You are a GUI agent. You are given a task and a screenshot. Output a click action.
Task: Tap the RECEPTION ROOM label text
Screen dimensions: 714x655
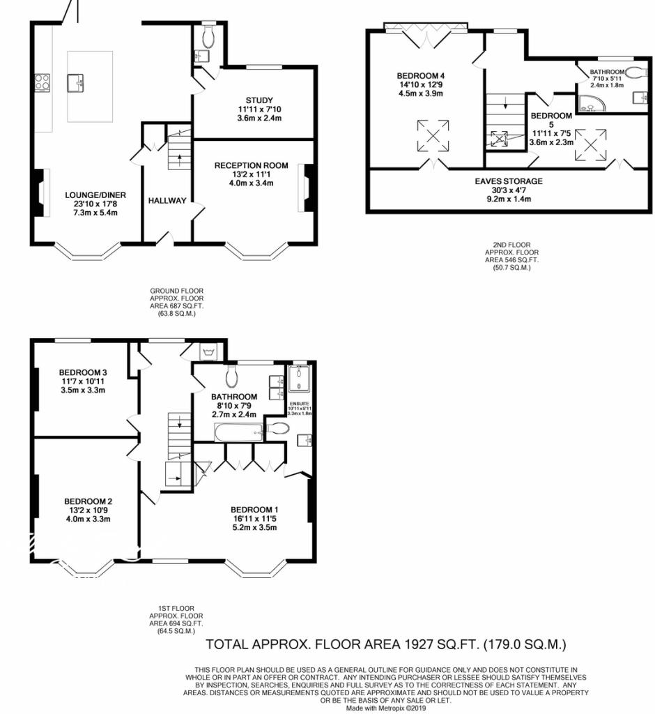click(x=251, y=165)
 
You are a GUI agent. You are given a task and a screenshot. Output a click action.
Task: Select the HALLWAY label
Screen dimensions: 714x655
click(x=167, y=201)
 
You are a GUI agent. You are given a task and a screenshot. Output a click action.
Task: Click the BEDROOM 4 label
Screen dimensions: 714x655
click(x=420, y=76)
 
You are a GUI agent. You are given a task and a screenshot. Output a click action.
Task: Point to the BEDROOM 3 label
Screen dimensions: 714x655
click(x=82, y=372)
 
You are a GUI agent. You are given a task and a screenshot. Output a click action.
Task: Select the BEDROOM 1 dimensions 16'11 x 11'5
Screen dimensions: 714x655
click(x=255, y=518)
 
